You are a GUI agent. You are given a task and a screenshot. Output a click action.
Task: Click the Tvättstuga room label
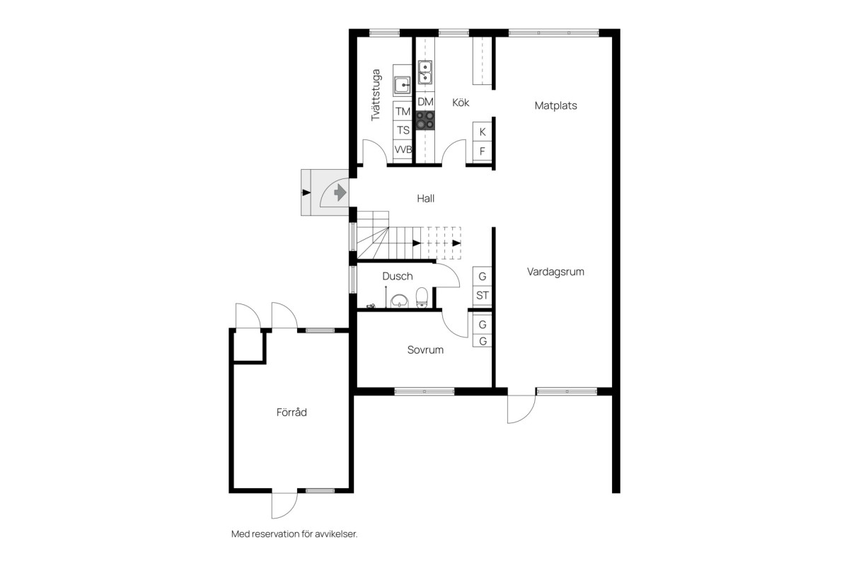click(x=376, y=95)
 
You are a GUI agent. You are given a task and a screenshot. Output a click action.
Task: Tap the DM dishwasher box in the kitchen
click(x=425, y=102)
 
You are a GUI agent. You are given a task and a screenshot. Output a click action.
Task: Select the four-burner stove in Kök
click(x=425, y=120)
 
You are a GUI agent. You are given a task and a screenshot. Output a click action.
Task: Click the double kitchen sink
click(x=425, y=72)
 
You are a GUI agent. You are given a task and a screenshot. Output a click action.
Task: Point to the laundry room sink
click(x=402, y=86)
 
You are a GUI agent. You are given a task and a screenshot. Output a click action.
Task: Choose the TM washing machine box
click(x=403, y=111)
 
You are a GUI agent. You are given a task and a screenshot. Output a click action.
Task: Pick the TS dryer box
click(x=403, y=130)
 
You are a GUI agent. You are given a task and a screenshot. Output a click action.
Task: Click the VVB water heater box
click(x=403, y=149)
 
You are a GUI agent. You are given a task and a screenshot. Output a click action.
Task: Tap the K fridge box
click(x=482, y=132)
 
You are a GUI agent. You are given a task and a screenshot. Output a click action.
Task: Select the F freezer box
click(x=482, y=151)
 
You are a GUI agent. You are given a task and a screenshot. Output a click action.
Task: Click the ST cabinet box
click(x=482, y=295)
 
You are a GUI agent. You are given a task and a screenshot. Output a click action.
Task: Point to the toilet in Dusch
click(x=422, y=297)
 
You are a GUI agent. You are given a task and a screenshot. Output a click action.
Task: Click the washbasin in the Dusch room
click(x=399, y=301)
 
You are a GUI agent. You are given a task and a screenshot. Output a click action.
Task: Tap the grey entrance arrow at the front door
click(x=340, y=192)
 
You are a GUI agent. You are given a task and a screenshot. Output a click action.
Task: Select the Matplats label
click(x=555, y=105)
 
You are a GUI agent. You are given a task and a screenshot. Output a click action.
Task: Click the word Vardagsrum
click(x=555, y=272)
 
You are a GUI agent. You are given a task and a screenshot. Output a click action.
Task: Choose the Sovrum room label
click(x=425, y=350)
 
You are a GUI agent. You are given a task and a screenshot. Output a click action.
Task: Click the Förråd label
click(x=291, y=412)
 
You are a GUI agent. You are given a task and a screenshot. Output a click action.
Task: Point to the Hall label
click(x=426, y=198)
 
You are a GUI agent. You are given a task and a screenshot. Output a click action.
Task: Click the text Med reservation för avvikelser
click(x=294, y=533)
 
